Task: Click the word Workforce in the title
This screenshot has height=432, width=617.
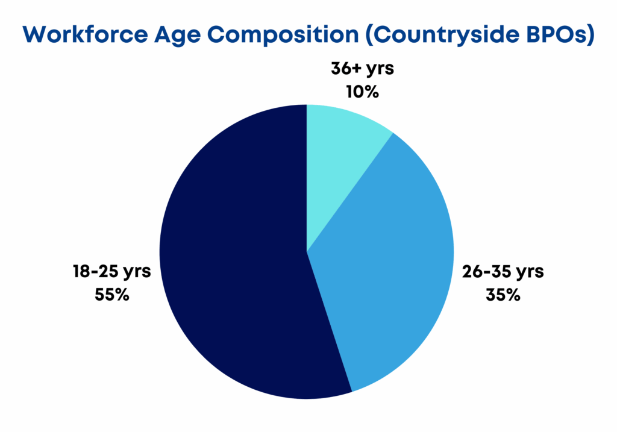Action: click(85, 34)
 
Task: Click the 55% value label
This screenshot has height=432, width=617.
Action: click(111, 295)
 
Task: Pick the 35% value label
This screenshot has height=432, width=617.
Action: click(503, 295)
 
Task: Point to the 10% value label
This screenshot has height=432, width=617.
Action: click(362, 92)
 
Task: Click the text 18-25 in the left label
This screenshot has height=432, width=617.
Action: click(95, 271)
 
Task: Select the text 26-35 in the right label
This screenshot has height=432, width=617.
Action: click(486, 271)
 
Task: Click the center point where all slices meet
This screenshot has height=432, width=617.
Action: click(307, 252)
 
